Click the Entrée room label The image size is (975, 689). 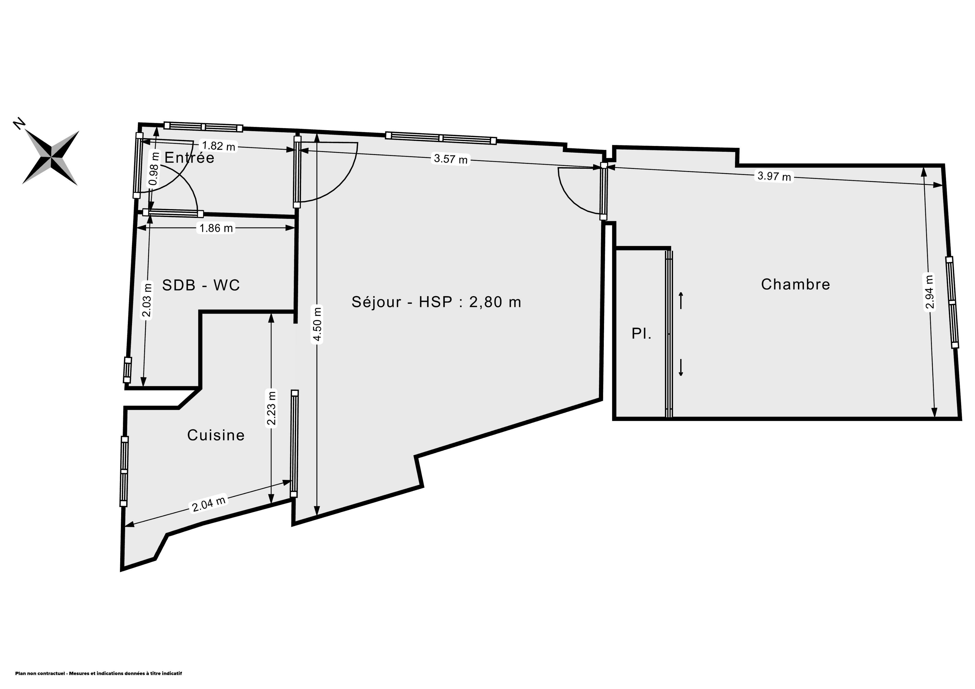(189, 158)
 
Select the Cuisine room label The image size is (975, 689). (216, 435)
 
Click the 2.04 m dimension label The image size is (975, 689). (208, 504)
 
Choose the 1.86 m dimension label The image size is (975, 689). (216, 228)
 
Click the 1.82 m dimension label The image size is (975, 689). (219, 146)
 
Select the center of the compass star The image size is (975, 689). (51, 158)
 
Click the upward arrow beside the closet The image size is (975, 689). (681, 300)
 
